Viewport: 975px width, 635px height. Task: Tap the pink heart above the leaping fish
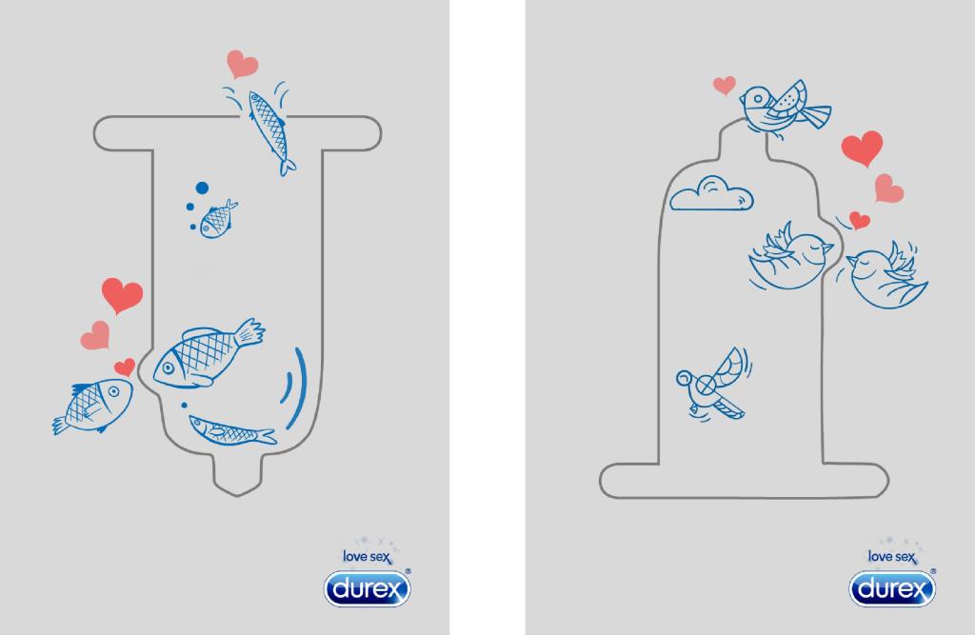(x=241, y=64)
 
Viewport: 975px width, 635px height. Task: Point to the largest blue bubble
(x=202, y=188)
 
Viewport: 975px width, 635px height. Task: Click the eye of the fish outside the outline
(x=114, y=391)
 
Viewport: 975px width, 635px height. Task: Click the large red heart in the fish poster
(x=123, y=295)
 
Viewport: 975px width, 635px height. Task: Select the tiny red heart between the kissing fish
(x=125, y=367)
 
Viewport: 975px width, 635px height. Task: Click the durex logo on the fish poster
(x=368, y=588)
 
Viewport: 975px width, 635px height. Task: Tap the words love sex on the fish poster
(x=368, y=557)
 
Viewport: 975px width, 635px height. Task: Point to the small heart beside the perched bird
(x=725, y=85)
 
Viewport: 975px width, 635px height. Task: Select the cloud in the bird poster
(x=711, y=193)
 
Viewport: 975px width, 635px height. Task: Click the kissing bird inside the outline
(x=790, y=257)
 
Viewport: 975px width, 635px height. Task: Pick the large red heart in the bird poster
(x=862, y=148)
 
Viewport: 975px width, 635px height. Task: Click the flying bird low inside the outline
(x=713, y=385)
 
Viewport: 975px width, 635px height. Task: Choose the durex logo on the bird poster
(x=893, y=588)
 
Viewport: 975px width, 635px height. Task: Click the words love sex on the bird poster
(x=892, y=557)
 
